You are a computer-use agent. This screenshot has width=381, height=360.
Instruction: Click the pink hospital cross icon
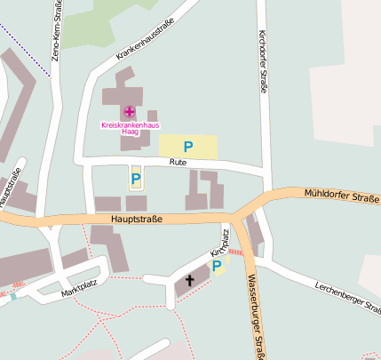[130, 111]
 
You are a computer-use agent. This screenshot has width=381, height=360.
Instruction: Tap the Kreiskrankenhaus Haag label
[129, 127]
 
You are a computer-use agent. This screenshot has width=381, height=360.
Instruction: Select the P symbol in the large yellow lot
[187, 147]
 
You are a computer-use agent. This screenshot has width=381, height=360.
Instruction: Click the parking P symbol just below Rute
[136, 179]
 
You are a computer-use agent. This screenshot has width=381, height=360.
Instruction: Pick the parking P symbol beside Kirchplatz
[217, 266]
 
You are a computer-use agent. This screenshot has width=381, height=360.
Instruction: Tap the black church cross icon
[188, 281]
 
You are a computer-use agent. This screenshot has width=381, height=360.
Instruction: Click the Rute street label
[178, 164]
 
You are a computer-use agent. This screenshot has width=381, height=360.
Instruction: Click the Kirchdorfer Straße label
[262, 60]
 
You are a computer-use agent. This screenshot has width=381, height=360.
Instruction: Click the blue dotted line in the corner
[21, 44]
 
